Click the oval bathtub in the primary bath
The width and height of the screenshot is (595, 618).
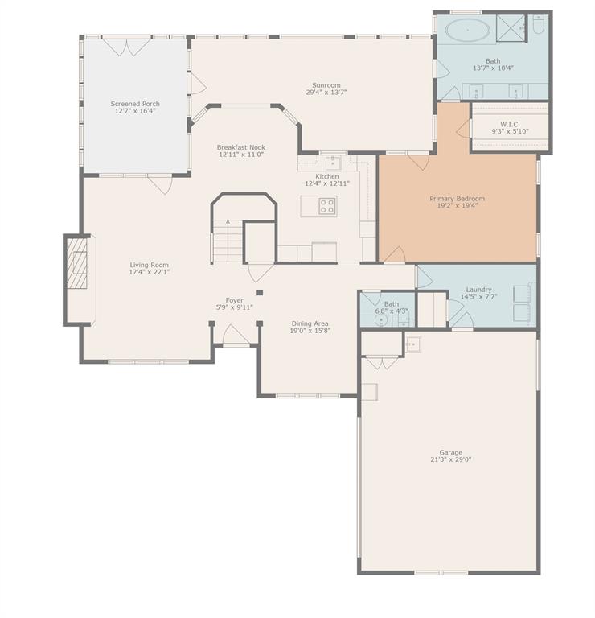pos(466,32)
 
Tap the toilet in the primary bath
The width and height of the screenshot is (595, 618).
pos(538,28)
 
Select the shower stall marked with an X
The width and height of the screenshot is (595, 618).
pos(510,28)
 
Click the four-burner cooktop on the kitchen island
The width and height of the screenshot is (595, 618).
pos(326,205)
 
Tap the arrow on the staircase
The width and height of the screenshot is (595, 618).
pos(228,225)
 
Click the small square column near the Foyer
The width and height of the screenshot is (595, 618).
pos(260,293)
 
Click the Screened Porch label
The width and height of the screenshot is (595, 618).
pos(134,104)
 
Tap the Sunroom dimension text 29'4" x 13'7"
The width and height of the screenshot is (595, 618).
pos(326,93)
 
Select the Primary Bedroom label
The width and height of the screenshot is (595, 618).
pos(457,198)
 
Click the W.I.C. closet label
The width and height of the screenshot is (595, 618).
pos(510,124)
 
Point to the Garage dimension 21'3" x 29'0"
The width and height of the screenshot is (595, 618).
pos(450,459)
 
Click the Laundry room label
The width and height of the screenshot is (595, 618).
pos(478,290)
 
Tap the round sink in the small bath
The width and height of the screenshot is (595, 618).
pos(382,319)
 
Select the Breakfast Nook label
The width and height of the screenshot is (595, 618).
pos(240,147)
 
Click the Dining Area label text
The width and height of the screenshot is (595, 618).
pos(310,323)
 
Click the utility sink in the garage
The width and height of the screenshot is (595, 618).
pos(412,344)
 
